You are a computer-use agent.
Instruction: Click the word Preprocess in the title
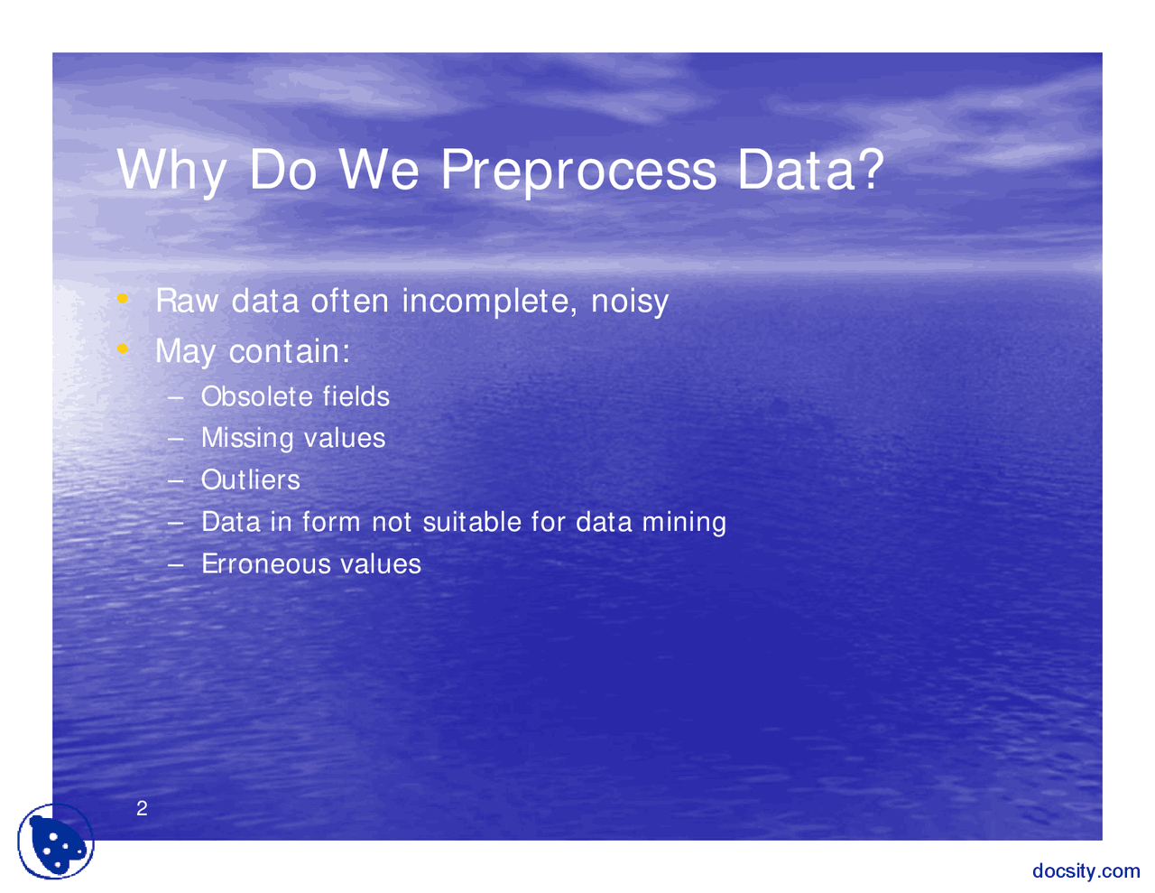pyautogui.click(x=578, y=170)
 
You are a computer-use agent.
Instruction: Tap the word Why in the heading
pyautogui.click(x=171, y=170)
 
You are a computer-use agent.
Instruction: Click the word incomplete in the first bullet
pyautogui.click(x=489, y=301)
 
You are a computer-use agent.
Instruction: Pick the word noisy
pyautogui.click(x=630, y=302)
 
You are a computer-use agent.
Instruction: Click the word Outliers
pyautogui.click(x=250, y=479)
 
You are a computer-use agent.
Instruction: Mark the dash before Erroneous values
pyautogui.click(x=176, y=564)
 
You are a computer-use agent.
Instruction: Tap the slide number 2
pyautogui.click(x=142, y=808)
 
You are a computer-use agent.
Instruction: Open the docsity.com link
pyautogui.click(x=1086, y=870)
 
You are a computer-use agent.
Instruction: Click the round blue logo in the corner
pyautogui.click(x=56, y=842)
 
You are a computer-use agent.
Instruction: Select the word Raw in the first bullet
pyautogui.click(x=187, y=301)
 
